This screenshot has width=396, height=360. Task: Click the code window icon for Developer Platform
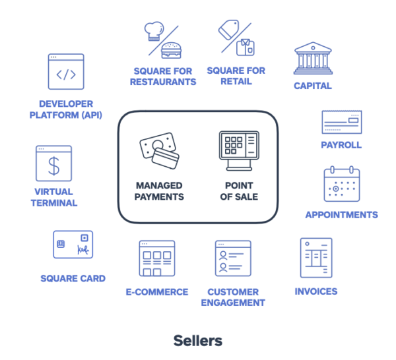(66, 71)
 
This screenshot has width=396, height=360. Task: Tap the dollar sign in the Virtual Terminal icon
(54, 165)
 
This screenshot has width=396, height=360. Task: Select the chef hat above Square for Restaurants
(154, 31)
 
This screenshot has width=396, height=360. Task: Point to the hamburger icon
(171, 50)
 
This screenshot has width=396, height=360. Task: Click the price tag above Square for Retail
(228, 30)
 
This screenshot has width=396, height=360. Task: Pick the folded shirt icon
(246, 47)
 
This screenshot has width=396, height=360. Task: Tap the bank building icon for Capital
(313, 58)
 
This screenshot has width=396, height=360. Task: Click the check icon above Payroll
(342, 122)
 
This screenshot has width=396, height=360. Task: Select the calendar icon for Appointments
(342, 184)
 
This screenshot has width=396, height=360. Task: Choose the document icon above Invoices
(316, 258)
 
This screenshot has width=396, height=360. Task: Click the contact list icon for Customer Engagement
(233, 258)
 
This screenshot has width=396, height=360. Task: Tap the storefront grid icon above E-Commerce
(157, 258)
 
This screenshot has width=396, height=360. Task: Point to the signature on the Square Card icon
(83, 250)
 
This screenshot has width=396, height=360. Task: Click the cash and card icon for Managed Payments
(159, 150)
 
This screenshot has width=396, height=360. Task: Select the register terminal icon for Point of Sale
(239, 150)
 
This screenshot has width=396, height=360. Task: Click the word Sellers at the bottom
(198, 341)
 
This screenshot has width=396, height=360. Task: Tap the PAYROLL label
(341, 145)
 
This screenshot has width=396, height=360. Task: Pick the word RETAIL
(236, 82)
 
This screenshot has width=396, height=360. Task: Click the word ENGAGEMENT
(233, 303)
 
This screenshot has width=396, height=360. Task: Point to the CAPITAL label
(313, 86)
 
